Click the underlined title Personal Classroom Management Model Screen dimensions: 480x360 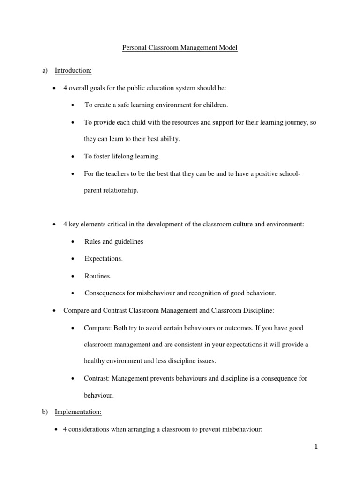point(180,48)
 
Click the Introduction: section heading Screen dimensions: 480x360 point(73,71)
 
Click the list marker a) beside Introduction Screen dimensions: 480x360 point(45,71)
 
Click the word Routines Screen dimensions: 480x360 point(97,276)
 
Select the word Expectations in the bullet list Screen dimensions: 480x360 point(103,259)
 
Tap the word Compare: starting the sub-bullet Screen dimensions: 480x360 point(97,328)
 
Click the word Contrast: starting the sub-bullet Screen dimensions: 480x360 point(97,378)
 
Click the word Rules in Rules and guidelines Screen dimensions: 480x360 point(93,242)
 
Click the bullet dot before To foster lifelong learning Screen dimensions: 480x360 point(73,157)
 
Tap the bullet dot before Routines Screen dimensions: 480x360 point(73,277)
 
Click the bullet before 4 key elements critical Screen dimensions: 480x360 point(55,225)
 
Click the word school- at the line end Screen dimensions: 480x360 point(289,174)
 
